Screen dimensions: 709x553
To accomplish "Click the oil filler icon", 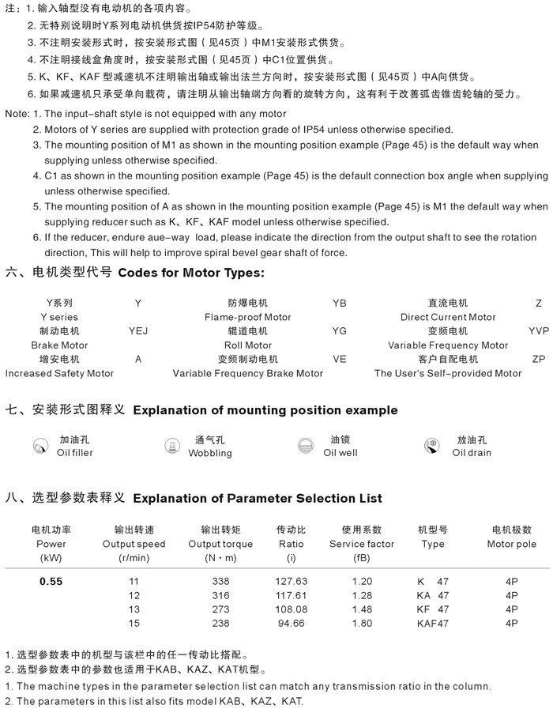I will click(x=39, y=447).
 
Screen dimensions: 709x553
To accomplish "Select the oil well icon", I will click(x=305, y=447).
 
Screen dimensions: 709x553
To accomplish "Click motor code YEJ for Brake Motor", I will click(x=138, y=331).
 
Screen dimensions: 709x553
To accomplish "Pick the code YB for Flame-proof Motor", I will click(x=340, y=304).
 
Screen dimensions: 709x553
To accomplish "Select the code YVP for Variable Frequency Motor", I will click(x=539, y=331).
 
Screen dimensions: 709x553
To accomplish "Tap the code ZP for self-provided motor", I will click(x=539, y=359).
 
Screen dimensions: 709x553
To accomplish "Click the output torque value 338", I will click(x=221, y=582).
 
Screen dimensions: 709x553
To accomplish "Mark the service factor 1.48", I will click(x=362, y=609).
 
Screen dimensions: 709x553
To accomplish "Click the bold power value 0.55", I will click(x=51, y=582).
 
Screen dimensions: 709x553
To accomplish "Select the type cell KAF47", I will click(x=433, y=622).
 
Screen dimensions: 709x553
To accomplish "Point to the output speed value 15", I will click(x=134, y=622).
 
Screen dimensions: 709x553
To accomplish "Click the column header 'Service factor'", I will click(x=362, y=544).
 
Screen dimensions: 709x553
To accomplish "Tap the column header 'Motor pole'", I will click(x=511, y=544).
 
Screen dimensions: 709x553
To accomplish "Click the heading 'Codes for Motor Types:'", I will click(x=191, y=273).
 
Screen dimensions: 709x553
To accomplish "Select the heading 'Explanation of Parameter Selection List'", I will click(x=258, y=499).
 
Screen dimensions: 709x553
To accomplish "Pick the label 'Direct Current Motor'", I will click(x=448, y=317).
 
